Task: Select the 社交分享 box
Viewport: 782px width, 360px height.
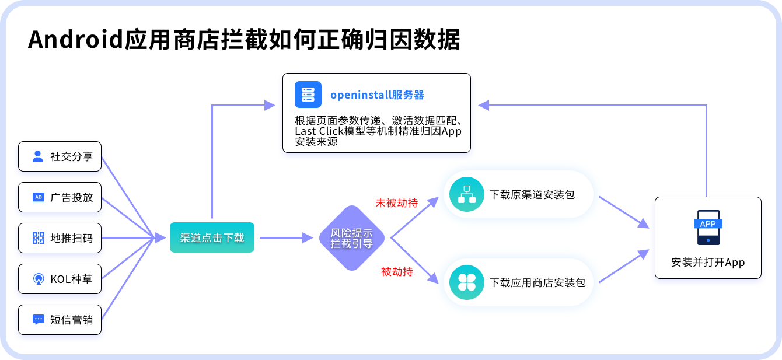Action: pyautogui.click(x=60, y=156)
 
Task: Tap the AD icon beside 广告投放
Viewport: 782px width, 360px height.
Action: pyautogui.click(x=39, y=197)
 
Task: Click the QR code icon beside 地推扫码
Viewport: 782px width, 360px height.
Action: pyautogui.click(x=39, y=238)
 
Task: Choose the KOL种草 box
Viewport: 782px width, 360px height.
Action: pyautogui.click(x=60, y=279)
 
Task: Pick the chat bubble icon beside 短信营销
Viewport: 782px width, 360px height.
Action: pyautogui.click(x=39, y=320)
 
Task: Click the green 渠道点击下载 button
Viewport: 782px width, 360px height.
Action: pyautogui.click(x=212, y=237)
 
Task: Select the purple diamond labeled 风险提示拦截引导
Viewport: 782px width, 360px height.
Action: pyautogui.click(x=352, y=238)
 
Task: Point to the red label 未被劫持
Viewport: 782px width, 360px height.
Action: pyautogui.click(x=396, y=202)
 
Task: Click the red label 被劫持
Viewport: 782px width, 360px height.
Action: pyautogui.click(x=397, y=271)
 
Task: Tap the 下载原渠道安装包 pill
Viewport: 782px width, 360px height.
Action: pyautogui.click(x=518, y=194)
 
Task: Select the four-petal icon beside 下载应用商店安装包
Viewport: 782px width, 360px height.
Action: pyautogui.click(x=467, y=282)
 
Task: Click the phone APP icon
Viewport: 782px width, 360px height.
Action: pyautogui.click(x=708, y=227)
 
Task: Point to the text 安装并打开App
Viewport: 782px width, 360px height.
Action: pyautogui.click(x=708, y=262)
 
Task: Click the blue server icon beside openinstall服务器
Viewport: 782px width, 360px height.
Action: pyautogui.click(x=308, y=95)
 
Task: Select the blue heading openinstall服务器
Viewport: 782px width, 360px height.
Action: pyautogui.click(x=377, y=95)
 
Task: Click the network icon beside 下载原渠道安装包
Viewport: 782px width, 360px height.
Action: pyautogui.click(x=467, y=194)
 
